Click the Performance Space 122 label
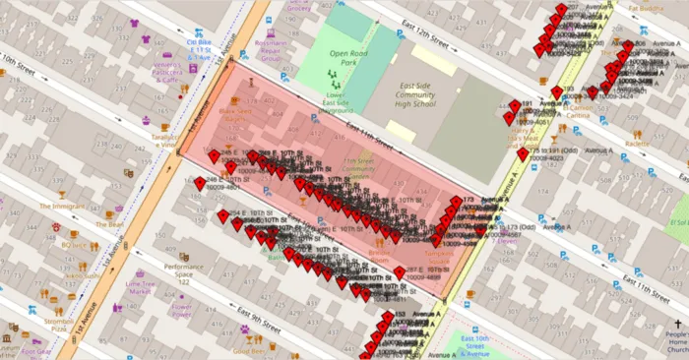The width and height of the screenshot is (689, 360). (x=183, y=274)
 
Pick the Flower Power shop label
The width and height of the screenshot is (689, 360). (x=181, y=311)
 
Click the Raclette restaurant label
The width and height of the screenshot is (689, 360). (x=637, y=143)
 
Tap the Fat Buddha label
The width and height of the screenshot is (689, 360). (x=646, y=8)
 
